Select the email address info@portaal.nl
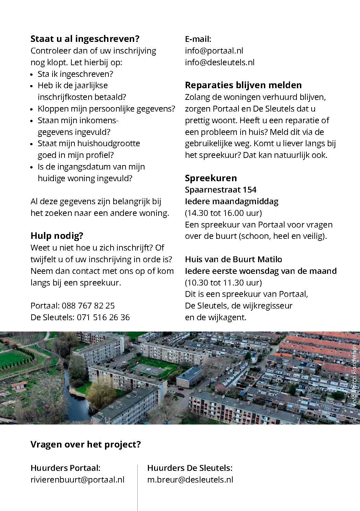pyautogui.click(x=214, y=51)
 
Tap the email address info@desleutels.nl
pyautogui.click(x=220, y=62)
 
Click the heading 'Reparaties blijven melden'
pyautogui.click(x=243, y=85)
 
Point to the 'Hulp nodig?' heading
pyautogui.click(x=57, y=236)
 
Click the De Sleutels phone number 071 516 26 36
pyautogui.click(x=102, y=317)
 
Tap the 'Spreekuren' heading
pyautogui.click(x=211, y=178)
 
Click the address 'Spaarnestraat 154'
pyautogui.click(x=221, y=190)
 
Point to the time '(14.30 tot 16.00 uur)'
pyautogui.click(x=223, y=213)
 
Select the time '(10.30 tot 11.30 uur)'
pyautogui.click(x=223, y=282)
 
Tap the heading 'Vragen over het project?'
pyautogui.click(x=86, y=444)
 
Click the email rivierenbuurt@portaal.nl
pyautogui.click(x=78, y=479)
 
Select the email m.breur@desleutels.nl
pyautogui.click(x=190, y=479)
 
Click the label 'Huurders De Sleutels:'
pyautogui.click(x=190, y=468)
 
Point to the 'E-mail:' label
pyautogui.click(x=198, y=39)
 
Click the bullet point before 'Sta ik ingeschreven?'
pyautogui.click(x=32, y=74)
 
